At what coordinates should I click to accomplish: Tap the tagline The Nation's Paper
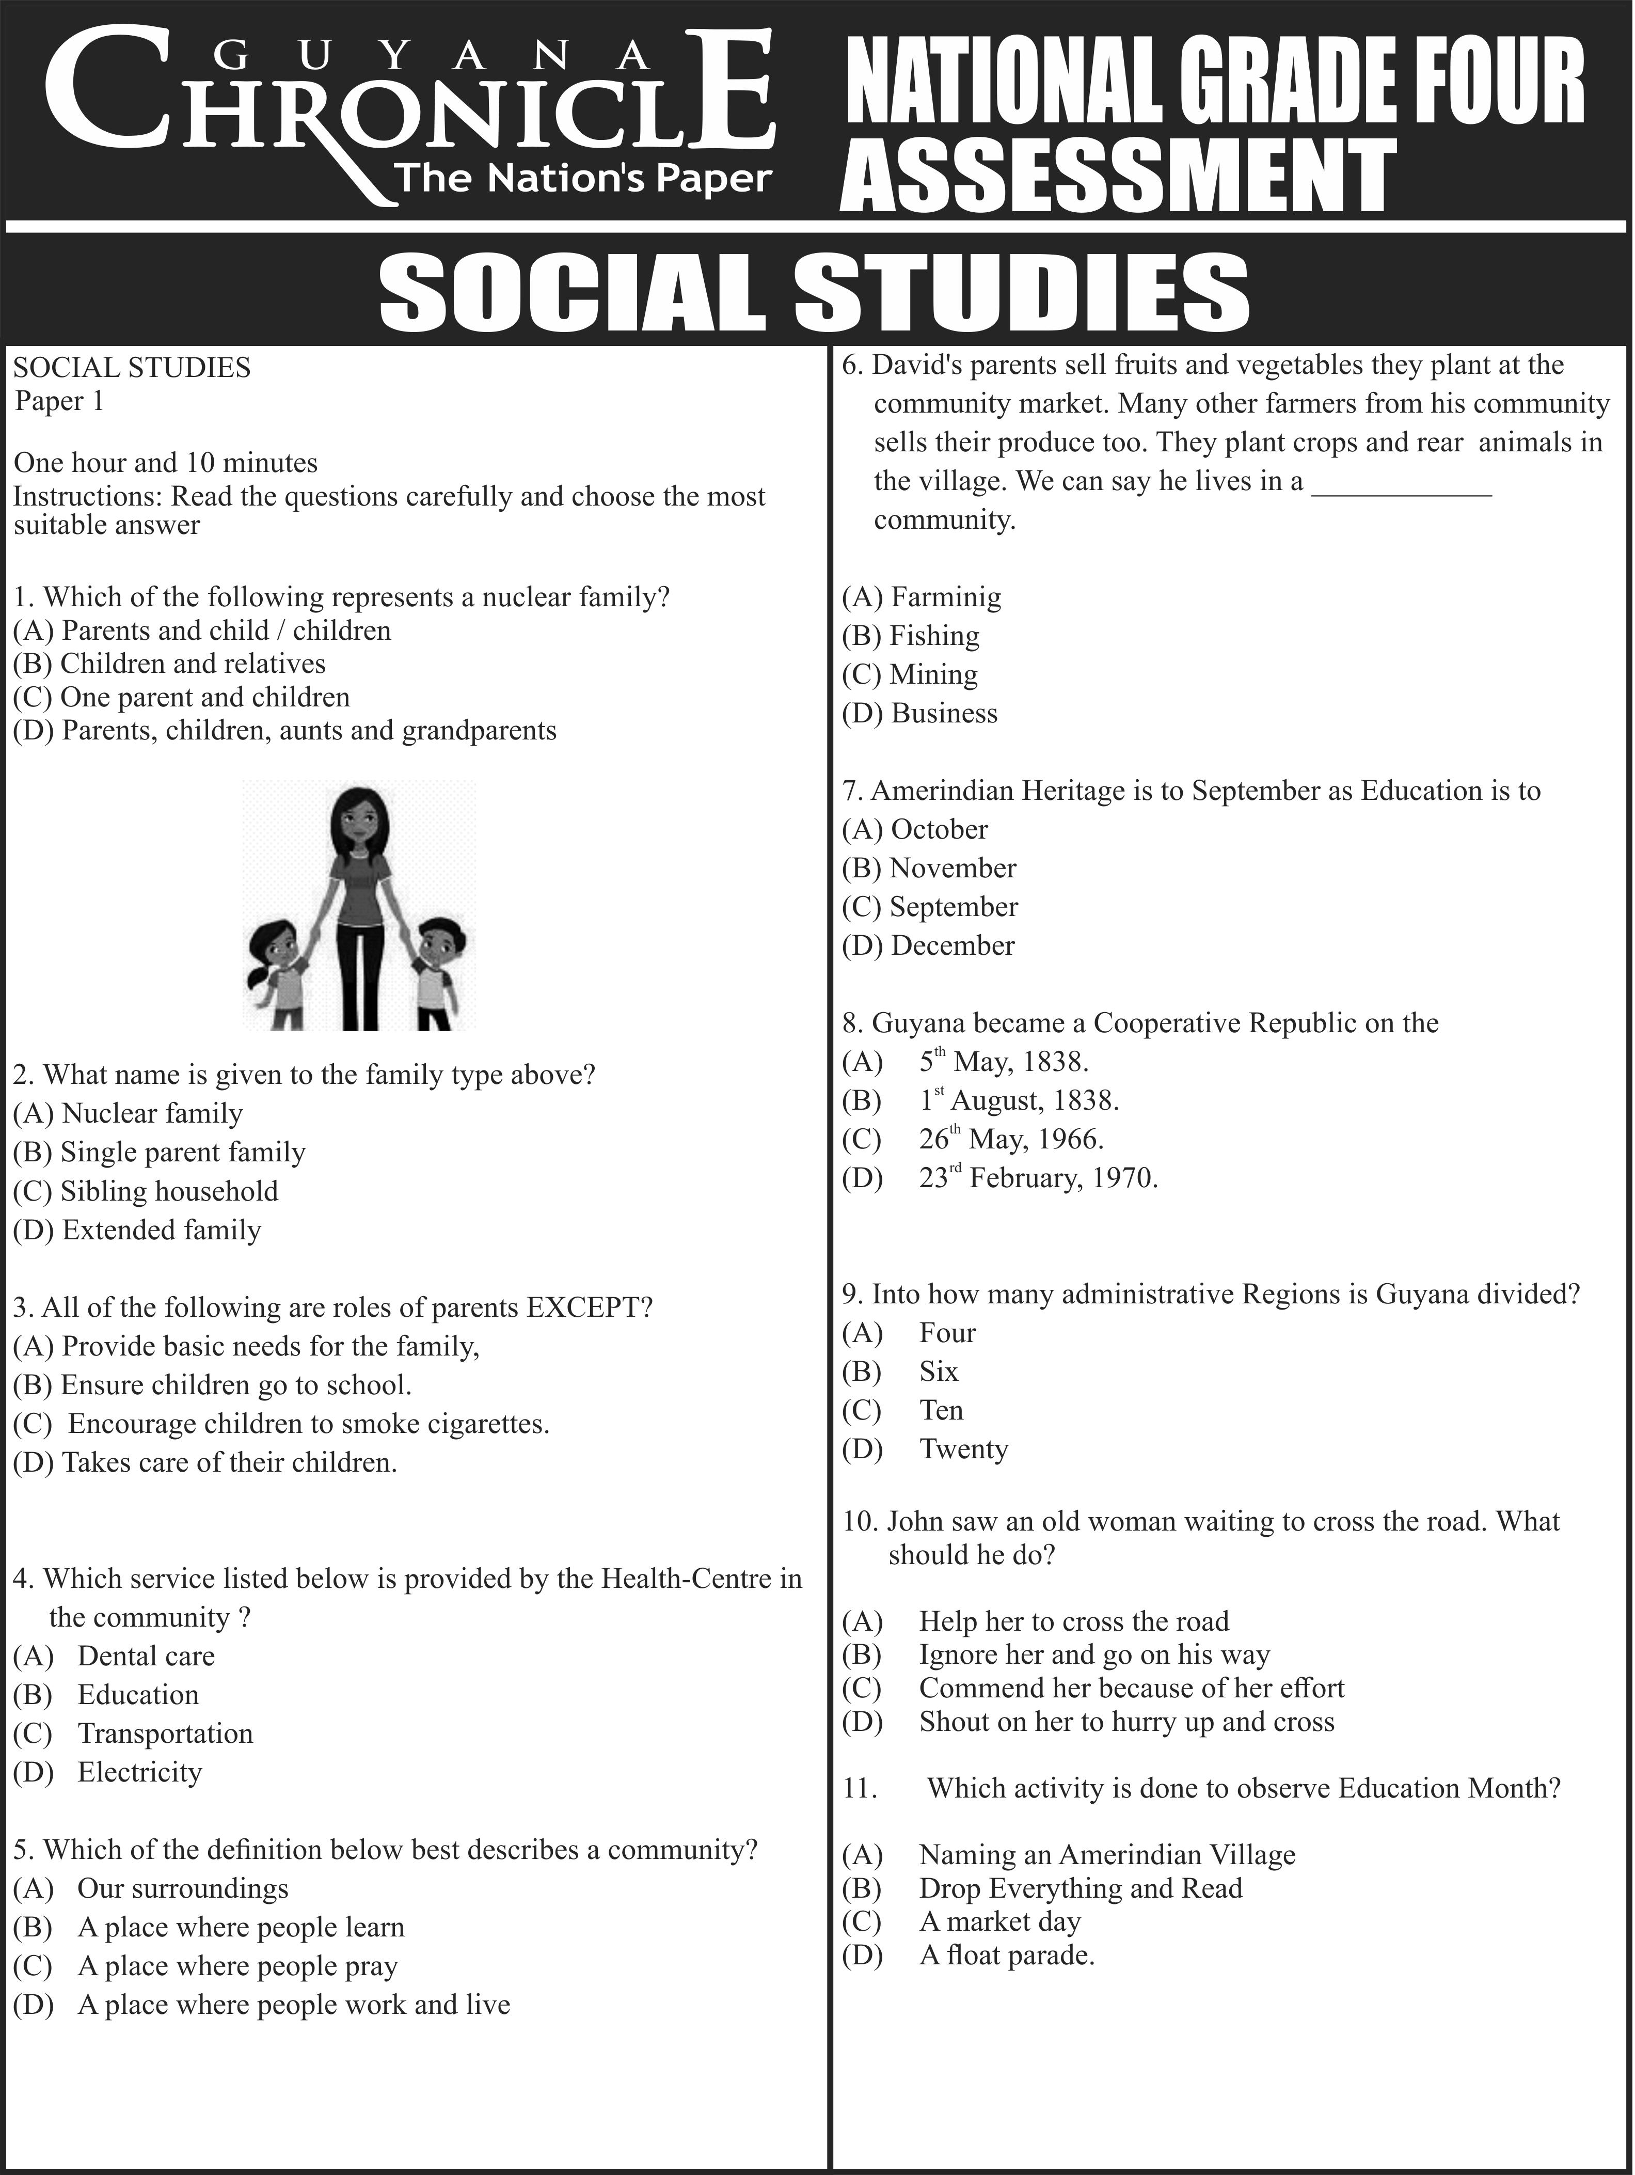click(582, 178)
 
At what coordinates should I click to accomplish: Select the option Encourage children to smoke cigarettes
click(308, 1423)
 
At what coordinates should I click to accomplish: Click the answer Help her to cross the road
click(1074, 1621)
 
